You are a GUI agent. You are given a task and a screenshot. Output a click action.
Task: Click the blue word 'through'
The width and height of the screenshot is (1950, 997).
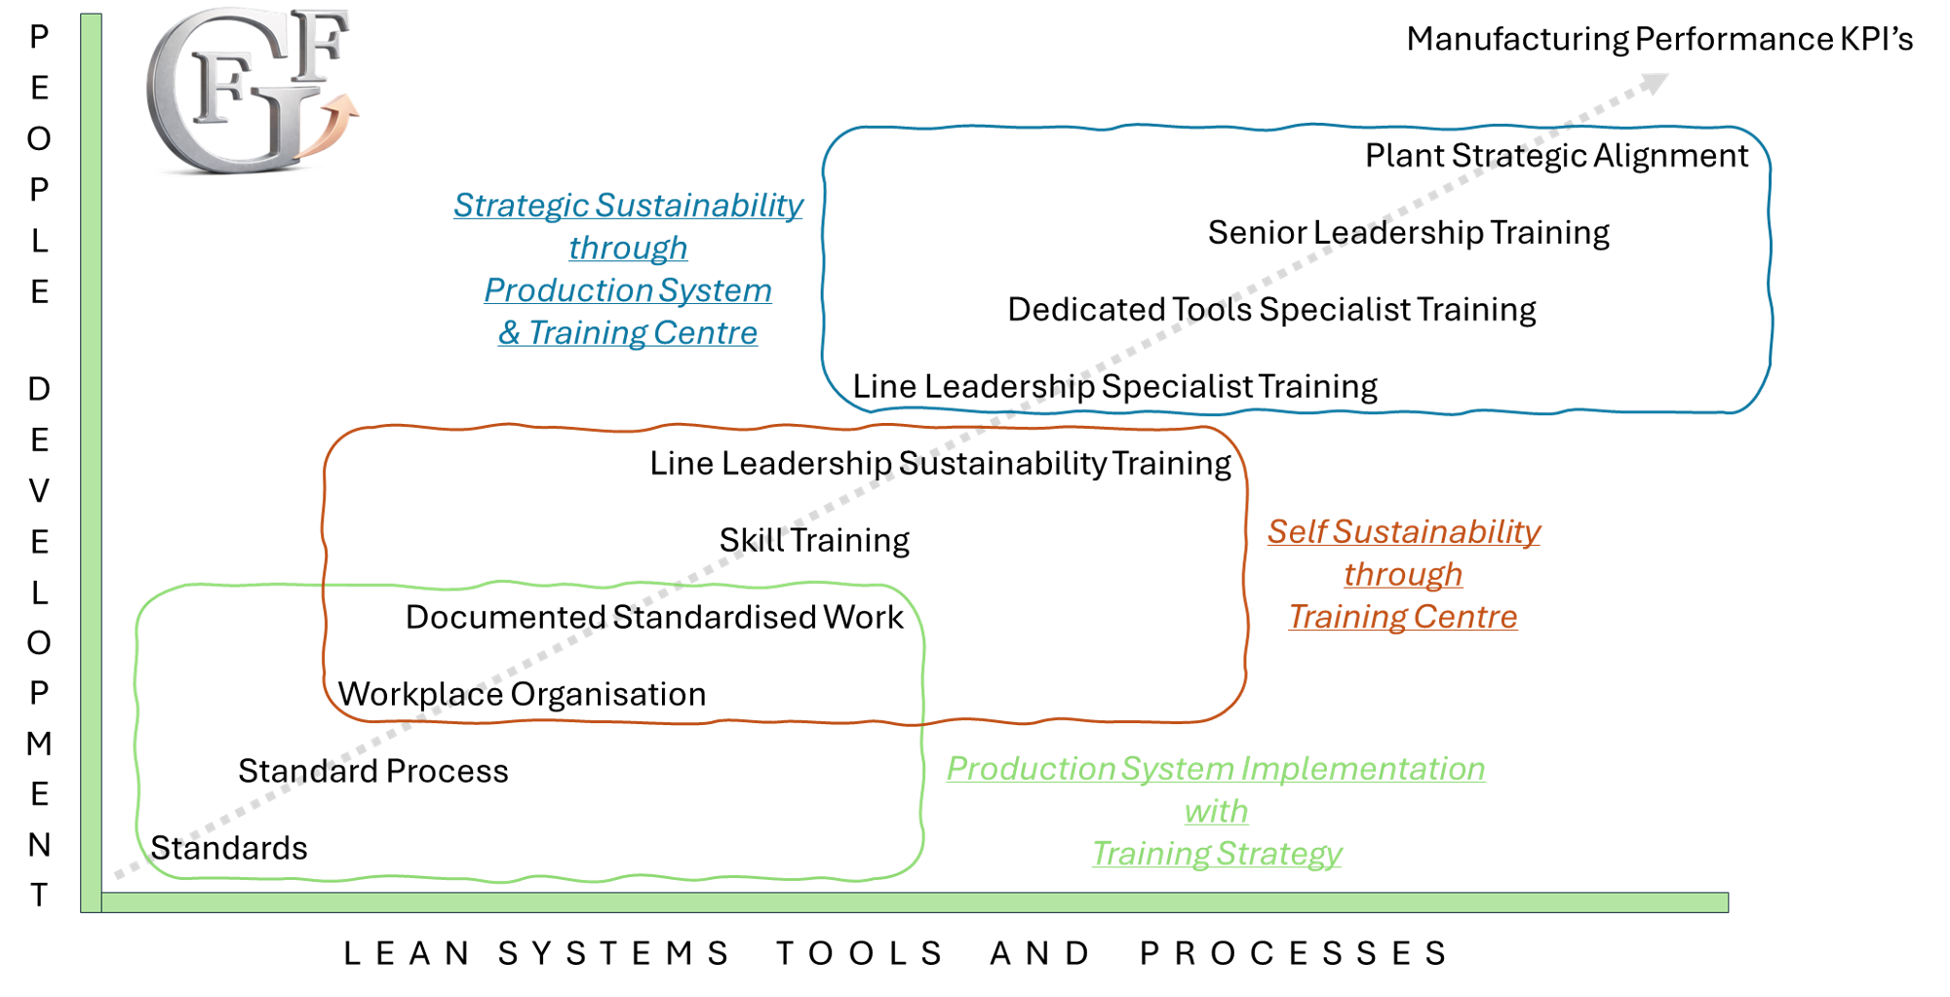click(628, 249)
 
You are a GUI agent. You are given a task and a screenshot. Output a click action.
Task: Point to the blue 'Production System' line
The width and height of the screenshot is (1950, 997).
click(628, 291)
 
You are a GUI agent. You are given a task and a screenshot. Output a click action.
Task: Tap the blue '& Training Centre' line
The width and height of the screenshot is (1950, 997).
click(628, 333)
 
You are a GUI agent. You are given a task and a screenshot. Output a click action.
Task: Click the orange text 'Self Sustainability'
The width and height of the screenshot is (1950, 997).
click(1405, 532)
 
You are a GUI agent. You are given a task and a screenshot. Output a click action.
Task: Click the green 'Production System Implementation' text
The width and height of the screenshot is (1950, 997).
click(1215, 769)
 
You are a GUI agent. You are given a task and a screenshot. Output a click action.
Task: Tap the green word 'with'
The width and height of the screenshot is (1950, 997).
click(1215, 812)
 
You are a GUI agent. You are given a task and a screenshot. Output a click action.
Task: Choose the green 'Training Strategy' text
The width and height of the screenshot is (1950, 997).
click(1215, 855)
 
